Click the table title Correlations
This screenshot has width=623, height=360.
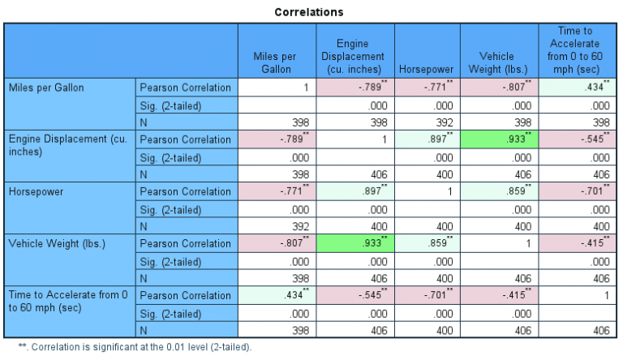pos(308,12)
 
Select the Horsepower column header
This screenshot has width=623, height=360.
pos(428,69)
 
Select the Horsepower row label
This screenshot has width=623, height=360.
pos(33,192)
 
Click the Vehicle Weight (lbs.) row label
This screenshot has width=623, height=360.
pos(50,244)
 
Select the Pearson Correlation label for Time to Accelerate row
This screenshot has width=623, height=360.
pos(186,296)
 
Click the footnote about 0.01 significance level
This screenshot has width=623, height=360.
pos(130,347)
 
